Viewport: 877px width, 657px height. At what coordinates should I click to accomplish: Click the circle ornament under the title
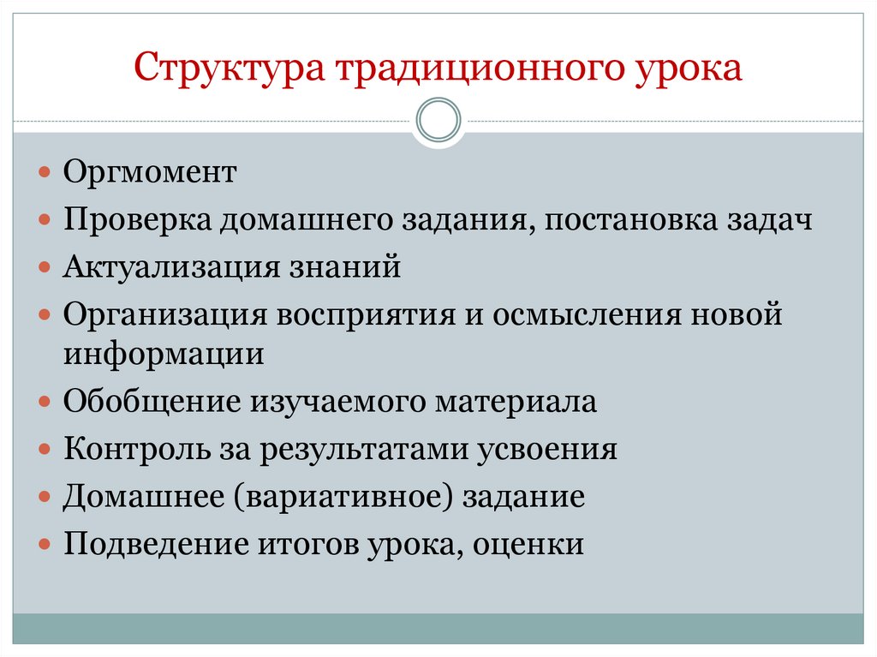pyautogui.click(x=438, y=120)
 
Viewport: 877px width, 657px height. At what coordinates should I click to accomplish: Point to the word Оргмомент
pyautogui.click(x=149, y=173)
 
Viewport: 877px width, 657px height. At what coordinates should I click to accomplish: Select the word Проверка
pyautogui.click(x=138, y=221)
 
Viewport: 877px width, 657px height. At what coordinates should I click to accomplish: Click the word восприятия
pyautogui.click(x=366, y=315)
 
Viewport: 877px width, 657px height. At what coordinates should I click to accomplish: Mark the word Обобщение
pyautogui.click(x=152, y=402)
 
